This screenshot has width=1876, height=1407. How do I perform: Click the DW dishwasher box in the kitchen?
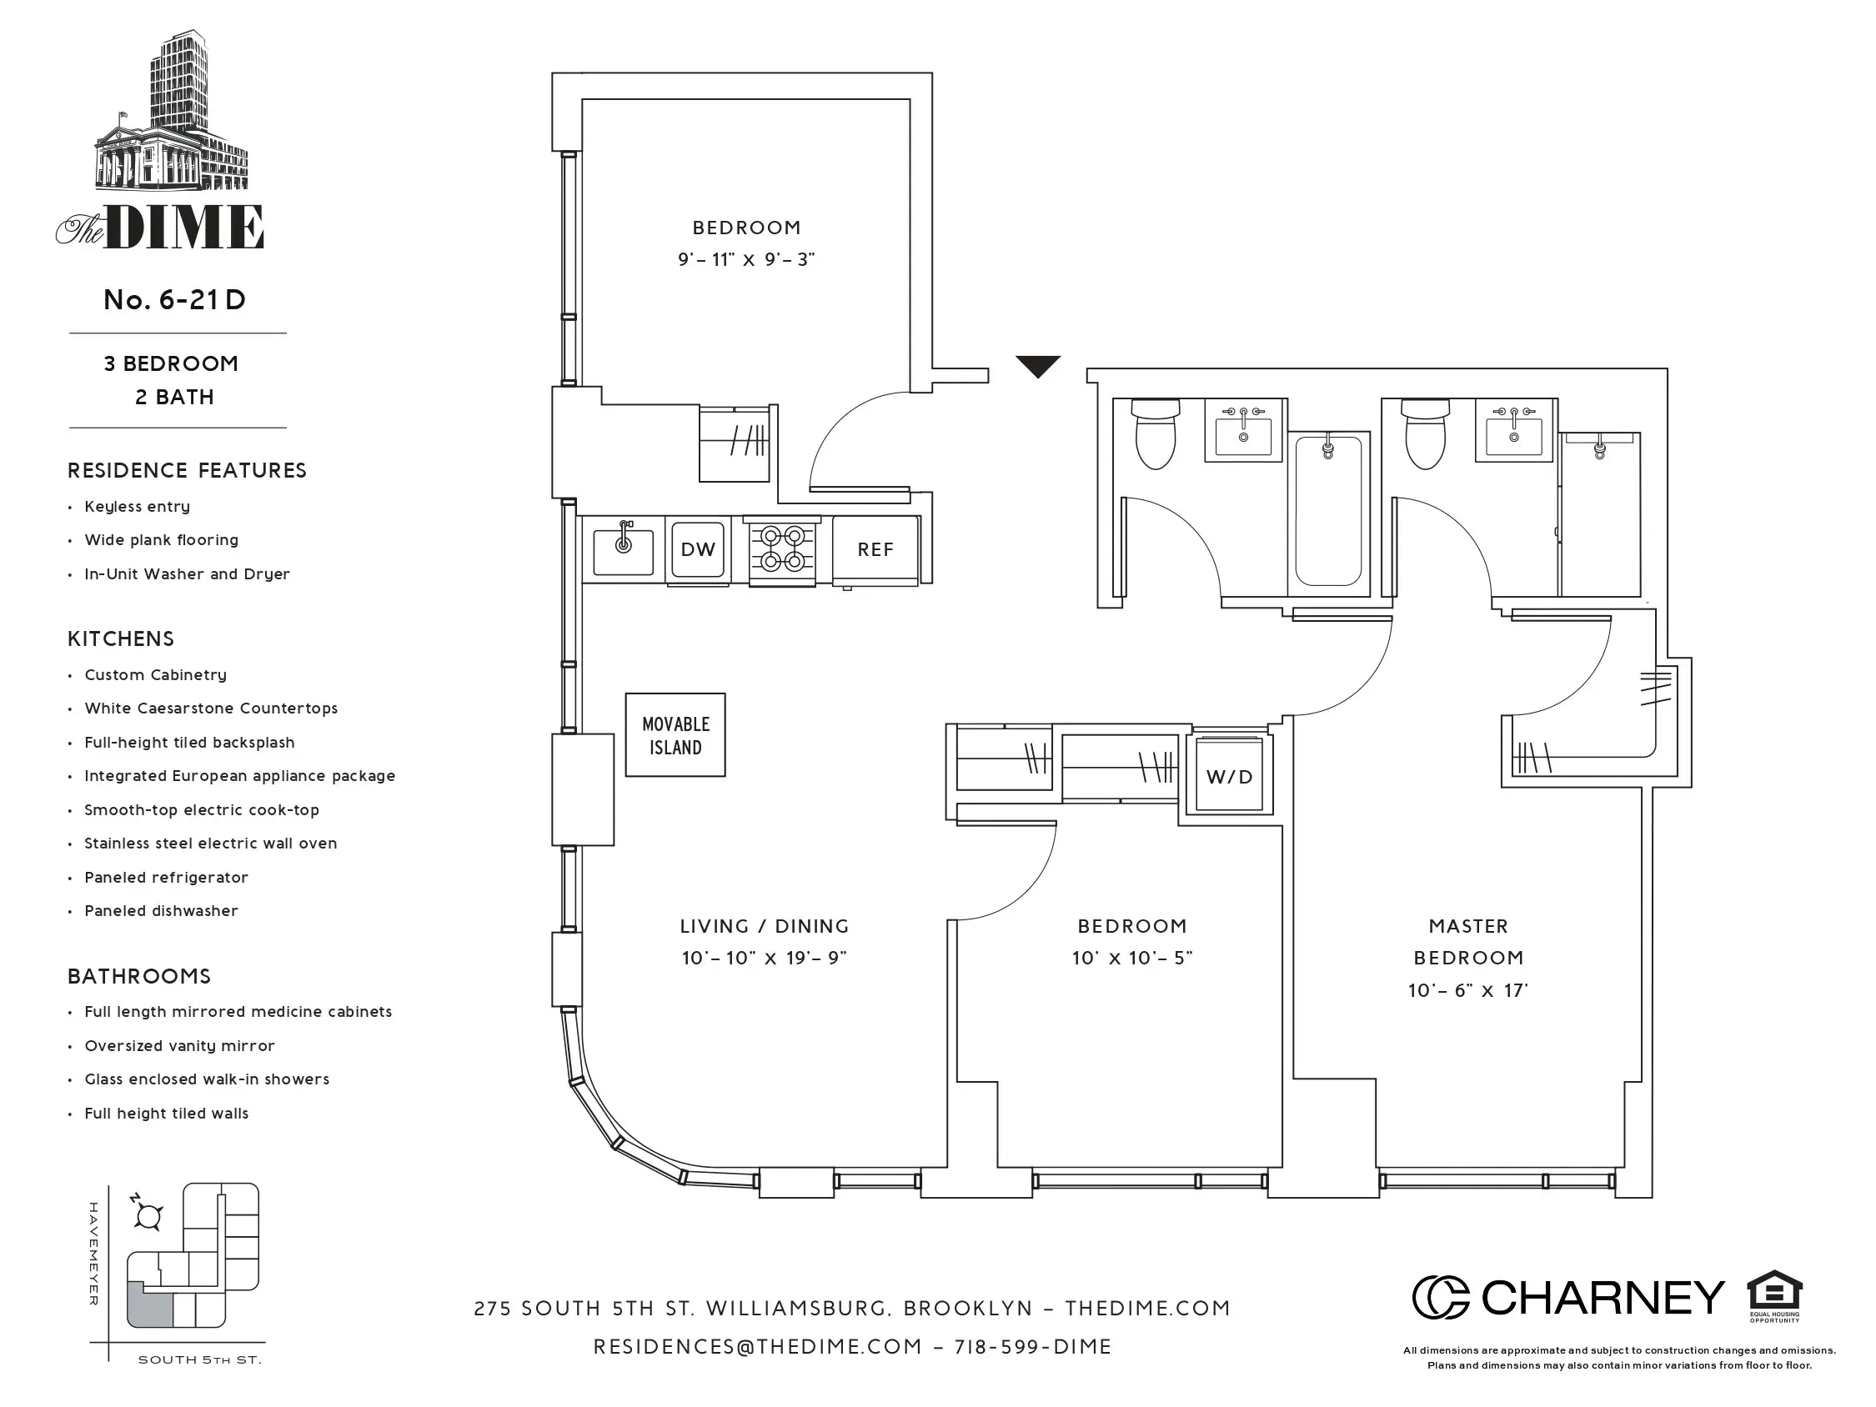(697, 549)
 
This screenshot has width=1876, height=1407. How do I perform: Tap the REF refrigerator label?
(875, 549)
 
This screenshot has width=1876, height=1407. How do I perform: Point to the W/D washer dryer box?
(1229, 776)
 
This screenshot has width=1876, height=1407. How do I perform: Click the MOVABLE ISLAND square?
(675, 735)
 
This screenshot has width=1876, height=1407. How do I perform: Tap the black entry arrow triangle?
(1038, 367)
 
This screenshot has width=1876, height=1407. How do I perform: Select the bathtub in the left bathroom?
(1328, 511)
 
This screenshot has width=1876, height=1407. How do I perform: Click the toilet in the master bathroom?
(1425, 437)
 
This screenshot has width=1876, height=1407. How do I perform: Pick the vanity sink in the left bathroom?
(1243, 433)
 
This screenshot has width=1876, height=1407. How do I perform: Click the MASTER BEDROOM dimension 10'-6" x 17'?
(1468, 990)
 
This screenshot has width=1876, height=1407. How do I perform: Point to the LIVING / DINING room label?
(764, 926)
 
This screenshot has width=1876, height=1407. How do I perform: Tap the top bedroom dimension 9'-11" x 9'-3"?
(745, 259)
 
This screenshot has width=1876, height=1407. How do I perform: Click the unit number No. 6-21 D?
(175, 299)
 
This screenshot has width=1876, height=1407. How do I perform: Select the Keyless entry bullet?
(137, 506)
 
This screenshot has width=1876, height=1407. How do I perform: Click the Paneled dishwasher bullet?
(161, 911)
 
